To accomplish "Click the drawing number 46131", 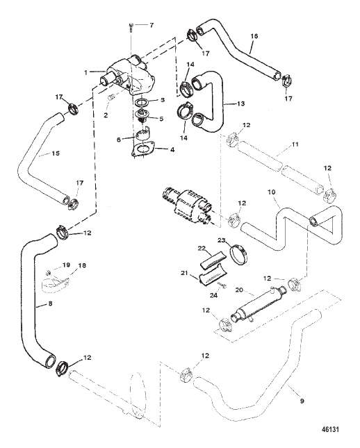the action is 330,429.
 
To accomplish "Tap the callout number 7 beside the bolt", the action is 152,25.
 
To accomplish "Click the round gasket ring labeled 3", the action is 141,102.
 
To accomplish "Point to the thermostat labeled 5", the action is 142,115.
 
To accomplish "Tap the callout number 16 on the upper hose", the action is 254,36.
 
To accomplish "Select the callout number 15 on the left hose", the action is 56,154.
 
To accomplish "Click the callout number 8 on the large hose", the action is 50,304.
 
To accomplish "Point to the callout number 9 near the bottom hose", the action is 302,401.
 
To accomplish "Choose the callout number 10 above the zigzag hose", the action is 271,192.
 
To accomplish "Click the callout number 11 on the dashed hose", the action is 295,144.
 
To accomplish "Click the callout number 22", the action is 202,248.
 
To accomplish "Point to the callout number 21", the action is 184,273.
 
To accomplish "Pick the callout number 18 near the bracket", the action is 82,265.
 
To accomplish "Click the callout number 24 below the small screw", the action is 213,295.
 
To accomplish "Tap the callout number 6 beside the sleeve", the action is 119,140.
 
